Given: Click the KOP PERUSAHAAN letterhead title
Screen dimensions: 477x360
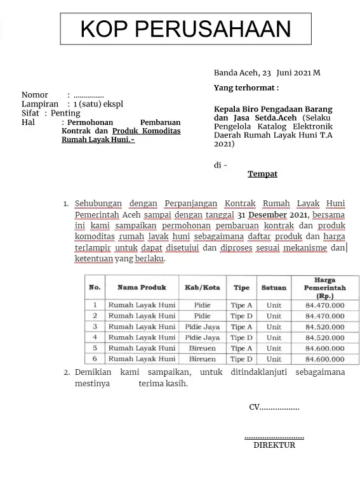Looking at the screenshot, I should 185,29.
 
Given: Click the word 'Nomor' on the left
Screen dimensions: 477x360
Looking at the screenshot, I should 35,95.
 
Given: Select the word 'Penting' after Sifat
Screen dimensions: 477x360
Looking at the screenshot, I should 65,114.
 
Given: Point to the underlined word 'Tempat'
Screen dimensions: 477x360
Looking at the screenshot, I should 262,174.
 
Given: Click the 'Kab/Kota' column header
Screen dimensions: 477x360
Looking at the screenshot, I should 202,287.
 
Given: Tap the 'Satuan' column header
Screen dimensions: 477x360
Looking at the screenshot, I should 274,287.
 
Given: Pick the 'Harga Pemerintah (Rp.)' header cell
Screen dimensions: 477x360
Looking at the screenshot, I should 324,287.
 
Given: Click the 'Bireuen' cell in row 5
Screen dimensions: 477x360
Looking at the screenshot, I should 202,348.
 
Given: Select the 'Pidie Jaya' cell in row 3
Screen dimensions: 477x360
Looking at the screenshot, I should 202,327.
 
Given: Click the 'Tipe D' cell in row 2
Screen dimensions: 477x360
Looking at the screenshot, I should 241,316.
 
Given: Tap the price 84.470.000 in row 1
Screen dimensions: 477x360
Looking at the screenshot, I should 324,305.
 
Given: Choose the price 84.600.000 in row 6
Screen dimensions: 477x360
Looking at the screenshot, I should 324,359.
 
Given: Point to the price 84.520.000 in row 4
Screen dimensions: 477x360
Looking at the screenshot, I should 324,337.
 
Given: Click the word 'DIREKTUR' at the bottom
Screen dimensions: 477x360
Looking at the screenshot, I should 274,445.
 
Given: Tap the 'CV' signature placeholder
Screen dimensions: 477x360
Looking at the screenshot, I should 274,407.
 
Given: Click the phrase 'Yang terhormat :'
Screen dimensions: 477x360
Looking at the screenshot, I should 246,88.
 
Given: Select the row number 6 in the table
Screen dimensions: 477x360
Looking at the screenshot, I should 95,359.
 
